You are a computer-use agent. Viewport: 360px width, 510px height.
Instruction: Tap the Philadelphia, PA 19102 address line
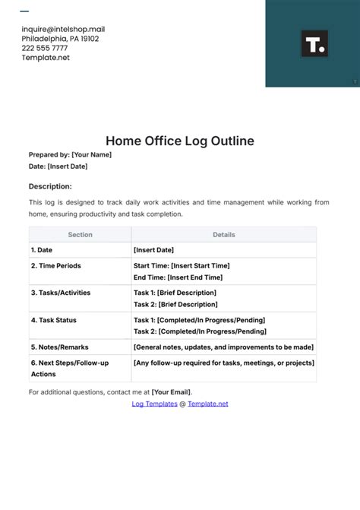[60, 39]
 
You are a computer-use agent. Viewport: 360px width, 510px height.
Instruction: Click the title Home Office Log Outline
[179, 141]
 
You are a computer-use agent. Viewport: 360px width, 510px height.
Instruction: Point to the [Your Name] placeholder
[91, 155]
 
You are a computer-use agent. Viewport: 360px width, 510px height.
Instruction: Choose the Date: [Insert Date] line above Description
[58, 166]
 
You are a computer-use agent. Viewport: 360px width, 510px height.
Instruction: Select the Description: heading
[50, 186]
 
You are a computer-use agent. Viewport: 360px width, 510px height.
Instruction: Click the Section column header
[80, 235]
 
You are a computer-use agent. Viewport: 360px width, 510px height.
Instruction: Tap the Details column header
[223, 235]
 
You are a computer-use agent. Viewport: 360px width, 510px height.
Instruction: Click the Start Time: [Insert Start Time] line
[182, 266]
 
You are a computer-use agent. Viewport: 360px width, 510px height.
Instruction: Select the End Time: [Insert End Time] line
[178, 277]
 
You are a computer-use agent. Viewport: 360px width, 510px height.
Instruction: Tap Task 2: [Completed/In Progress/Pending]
[200, 331]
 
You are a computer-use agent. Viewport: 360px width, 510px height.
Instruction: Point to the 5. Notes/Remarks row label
[59, 347]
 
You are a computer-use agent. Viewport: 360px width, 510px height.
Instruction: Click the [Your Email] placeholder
[172, 392]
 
